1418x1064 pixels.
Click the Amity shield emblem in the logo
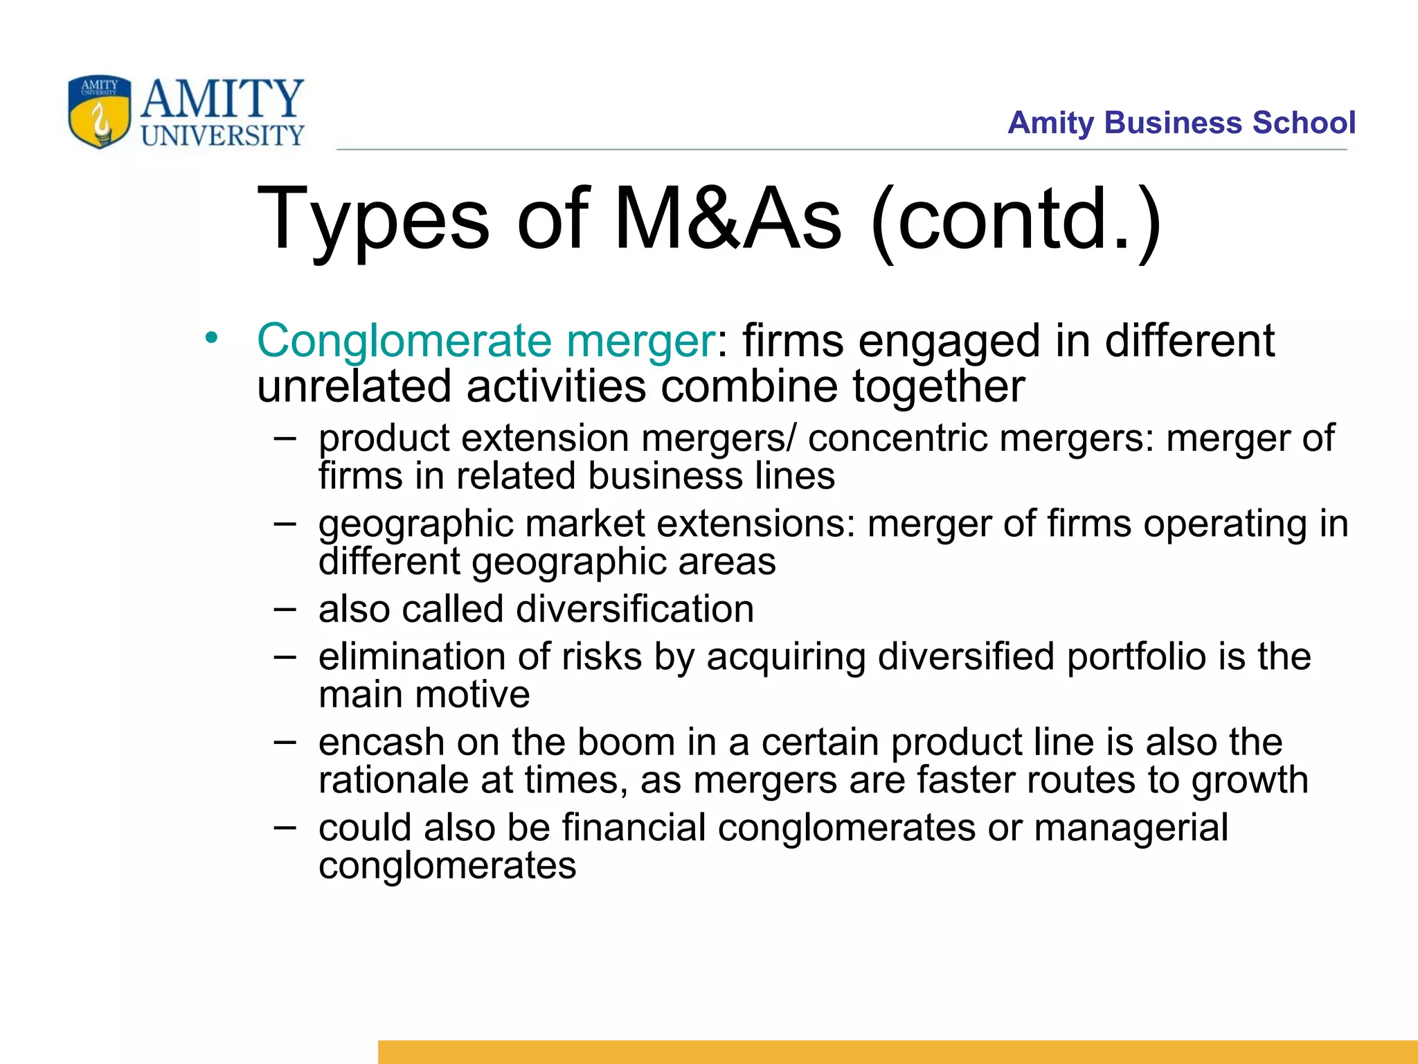click(99, 112)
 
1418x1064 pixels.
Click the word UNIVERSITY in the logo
click(222, 136)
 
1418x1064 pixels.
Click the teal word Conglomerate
click(404, 341)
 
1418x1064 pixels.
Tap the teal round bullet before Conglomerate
click(211, 339)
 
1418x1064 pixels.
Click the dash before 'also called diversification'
click(284, 609)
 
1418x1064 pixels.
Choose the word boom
click(625, 743)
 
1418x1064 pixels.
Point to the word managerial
click(1131, 828)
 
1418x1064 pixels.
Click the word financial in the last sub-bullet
click(634, 828)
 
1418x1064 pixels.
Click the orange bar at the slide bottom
click(897, 1052)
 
